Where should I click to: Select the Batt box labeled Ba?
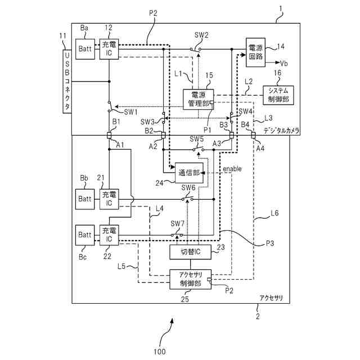[x=85, y=49]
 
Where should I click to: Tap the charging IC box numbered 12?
[x=108, y=49]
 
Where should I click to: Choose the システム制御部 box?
[x=278, y=94]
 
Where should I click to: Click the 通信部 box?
[x=188, y=172]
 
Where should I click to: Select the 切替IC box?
[x=190, y=252]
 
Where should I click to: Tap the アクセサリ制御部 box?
[x=190, y=278]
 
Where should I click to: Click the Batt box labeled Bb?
[x=85, y=198]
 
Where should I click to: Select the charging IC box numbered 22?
[x=108, y=234]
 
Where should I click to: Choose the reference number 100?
[x=159, y=352]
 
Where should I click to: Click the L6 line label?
[x=274, y=213]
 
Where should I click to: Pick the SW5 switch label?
[x=196, y=139]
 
